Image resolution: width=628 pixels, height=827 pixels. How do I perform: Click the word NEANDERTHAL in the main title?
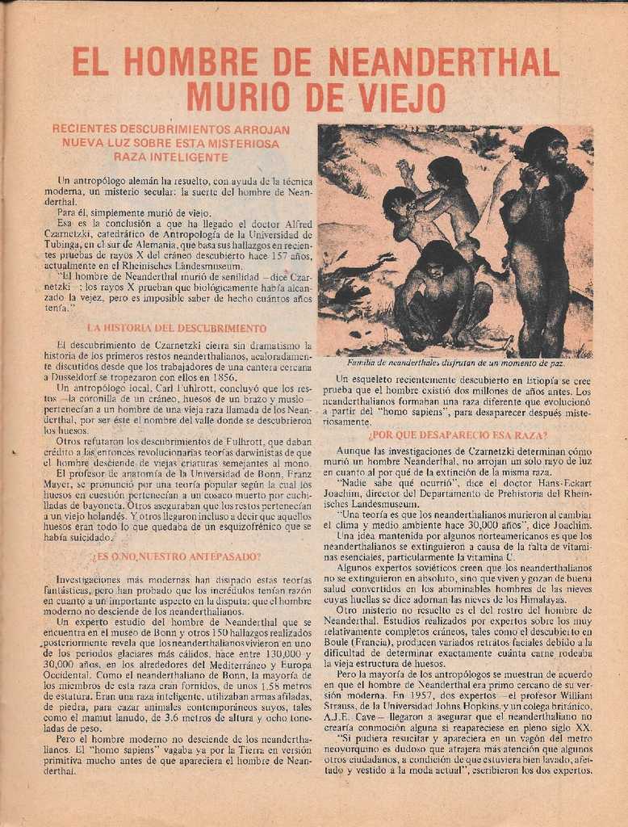click(x=444, y=63)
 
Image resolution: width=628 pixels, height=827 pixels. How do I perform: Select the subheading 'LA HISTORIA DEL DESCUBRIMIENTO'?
click(x=176, y=329)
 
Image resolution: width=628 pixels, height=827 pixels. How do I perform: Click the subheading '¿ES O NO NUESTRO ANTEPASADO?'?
click(x=176, y=556)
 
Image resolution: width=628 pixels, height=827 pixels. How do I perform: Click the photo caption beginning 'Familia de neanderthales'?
click(x=455, y=363)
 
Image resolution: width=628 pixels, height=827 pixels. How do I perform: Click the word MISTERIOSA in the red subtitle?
click(x=240, y=143)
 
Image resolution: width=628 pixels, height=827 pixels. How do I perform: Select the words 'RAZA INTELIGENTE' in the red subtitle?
click(x=171, y=157)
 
